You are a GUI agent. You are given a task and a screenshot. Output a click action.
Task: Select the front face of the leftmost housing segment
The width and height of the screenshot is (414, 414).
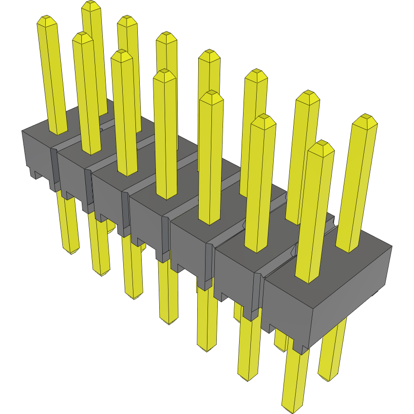(x=37, y=151)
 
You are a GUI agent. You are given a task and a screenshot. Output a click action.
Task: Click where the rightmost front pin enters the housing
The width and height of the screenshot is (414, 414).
(x=308, y=280)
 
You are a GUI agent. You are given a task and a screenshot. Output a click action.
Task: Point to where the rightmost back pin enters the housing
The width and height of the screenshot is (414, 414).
(x=349, y=249)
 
